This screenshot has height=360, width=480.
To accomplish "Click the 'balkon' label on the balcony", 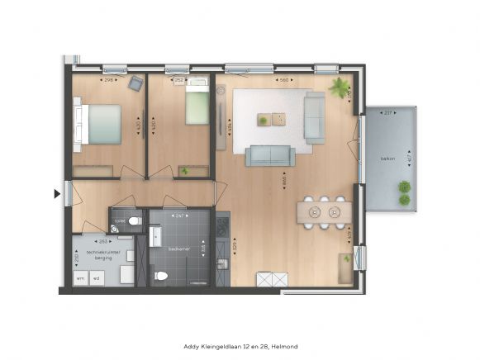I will (387, 159).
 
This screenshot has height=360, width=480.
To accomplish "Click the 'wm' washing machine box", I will (81, 277).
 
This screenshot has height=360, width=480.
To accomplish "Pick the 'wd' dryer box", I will (96, 277).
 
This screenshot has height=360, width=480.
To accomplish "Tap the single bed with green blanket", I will (197, 103).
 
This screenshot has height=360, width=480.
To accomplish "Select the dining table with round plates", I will (324, 212).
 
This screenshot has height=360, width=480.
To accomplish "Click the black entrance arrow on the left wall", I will (57, 194).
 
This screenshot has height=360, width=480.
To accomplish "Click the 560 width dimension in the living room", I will (283, 81).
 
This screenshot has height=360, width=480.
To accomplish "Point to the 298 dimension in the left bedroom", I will (108, 81).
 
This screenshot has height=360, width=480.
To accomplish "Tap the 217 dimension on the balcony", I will (388, 113).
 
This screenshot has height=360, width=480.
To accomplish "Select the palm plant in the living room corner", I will (339, 88).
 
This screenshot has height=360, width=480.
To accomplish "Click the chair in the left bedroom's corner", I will (135, 83).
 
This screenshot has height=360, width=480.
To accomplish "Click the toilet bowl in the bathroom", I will (161, 276).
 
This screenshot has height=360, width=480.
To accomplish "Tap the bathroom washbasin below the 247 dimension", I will (156, 239).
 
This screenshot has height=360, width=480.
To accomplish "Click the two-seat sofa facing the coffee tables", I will (269, 154).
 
